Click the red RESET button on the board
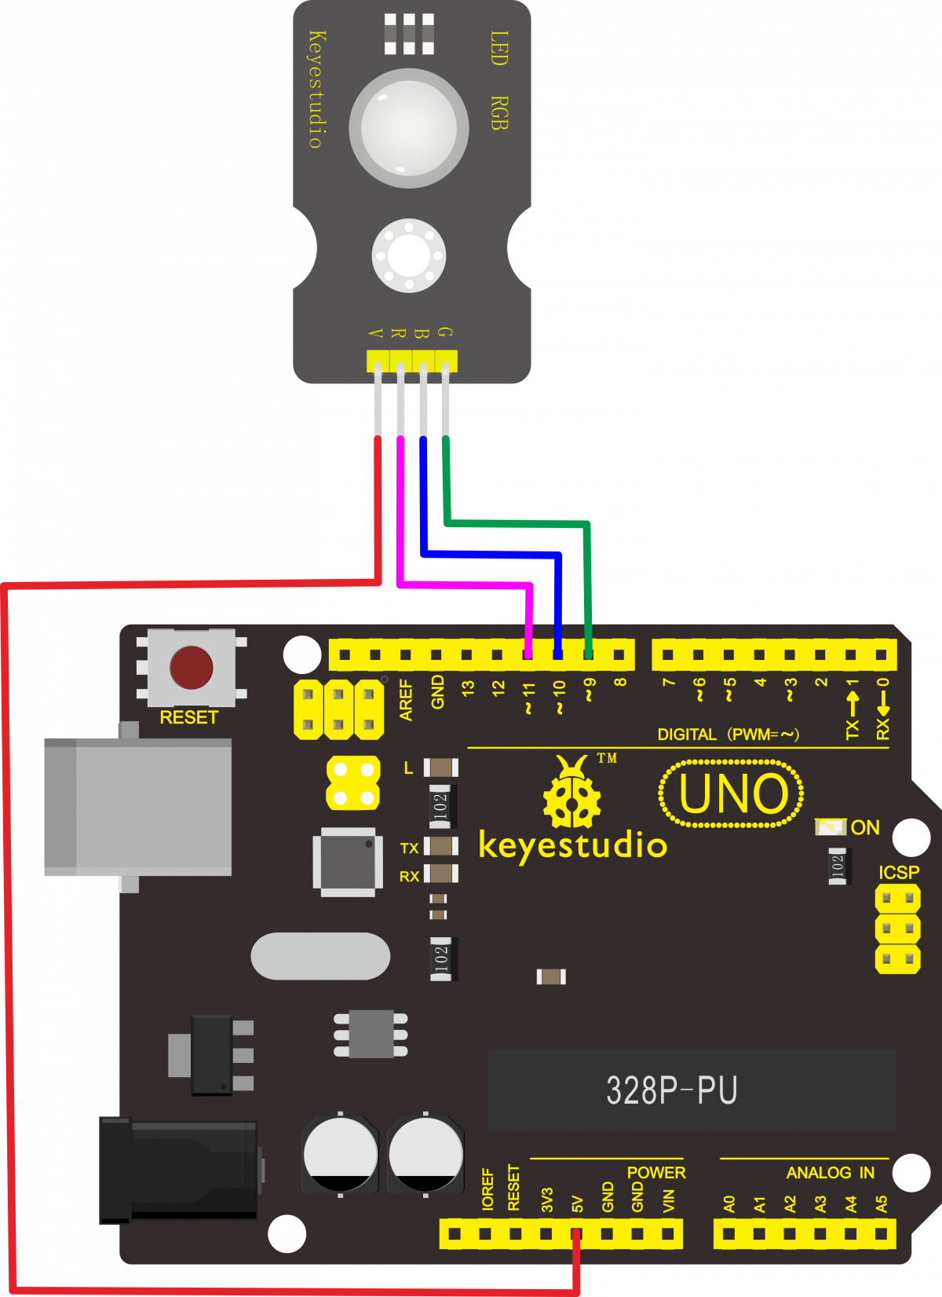(x=191, y=668)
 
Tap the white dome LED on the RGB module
(x=408, y=128)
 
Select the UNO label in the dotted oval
(x=732, y=793)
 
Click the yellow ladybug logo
(x=571, y=793)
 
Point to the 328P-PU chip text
(x=671, y=1090)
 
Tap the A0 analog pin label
(x=729, y=1204)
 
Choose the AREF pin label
(x=406, y=700)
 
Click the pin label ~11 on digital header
(x=528, y=697)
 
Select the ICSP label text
(x=898, y=873)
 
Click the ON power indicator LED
(x=830, y=827)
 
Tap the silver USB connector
(x=138, y=807)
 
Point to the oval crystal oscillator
(x=320, y=956)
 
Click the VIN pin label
(x=668, y=1201)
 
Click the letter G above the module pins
(x=445, y=333)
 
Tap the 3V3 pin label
(x=547, y=1200)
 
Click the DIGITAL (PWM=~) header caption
(x=728, y=735)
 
